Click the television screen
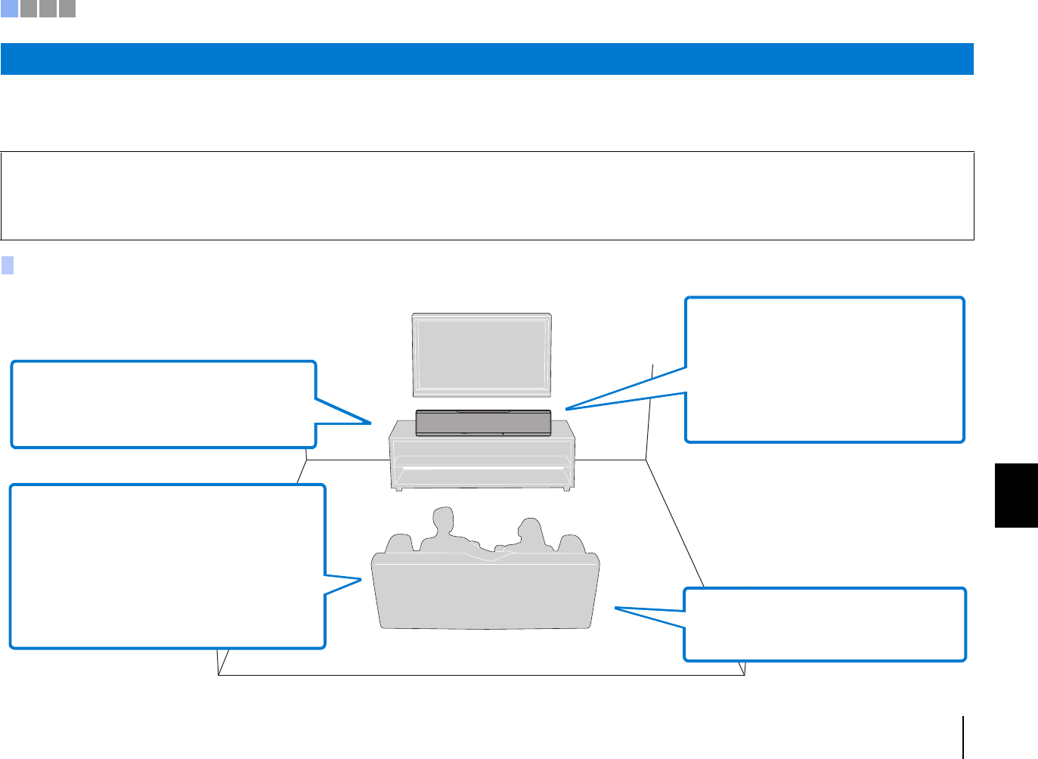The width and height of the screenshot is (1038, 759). (x=481, y=354)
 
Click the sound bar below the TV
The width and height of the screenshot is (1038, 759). (x=483, y=423)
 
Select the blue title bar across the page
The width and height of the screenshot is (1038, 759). (x=487, y=59)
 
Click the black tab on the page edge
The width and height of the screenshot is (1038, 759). (x=1016, y=495)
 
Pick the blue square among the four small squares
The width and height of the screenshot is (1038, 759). (x=9, y=9)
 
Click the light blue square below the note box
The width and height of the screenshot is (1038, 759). (x=8, y=265)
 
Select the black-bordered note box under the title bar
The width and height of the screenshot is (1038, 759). (x=487, y=196)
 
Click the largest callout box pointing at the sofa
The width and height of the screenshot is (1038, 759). (x=167, y=566)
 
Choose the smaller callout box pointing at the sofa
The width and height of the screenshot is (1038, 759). (x=825, y=624)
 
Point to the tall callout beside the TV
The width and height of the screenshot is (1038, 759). (x=825, y=370)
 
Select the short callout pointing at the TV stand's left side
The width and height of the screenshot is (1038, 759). (x=163, y=404)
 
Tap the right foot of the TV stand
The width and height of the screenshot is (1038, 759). (x=565, y=488)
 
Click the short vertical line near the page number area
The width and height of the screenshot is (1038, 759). (x=963, y=736)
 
